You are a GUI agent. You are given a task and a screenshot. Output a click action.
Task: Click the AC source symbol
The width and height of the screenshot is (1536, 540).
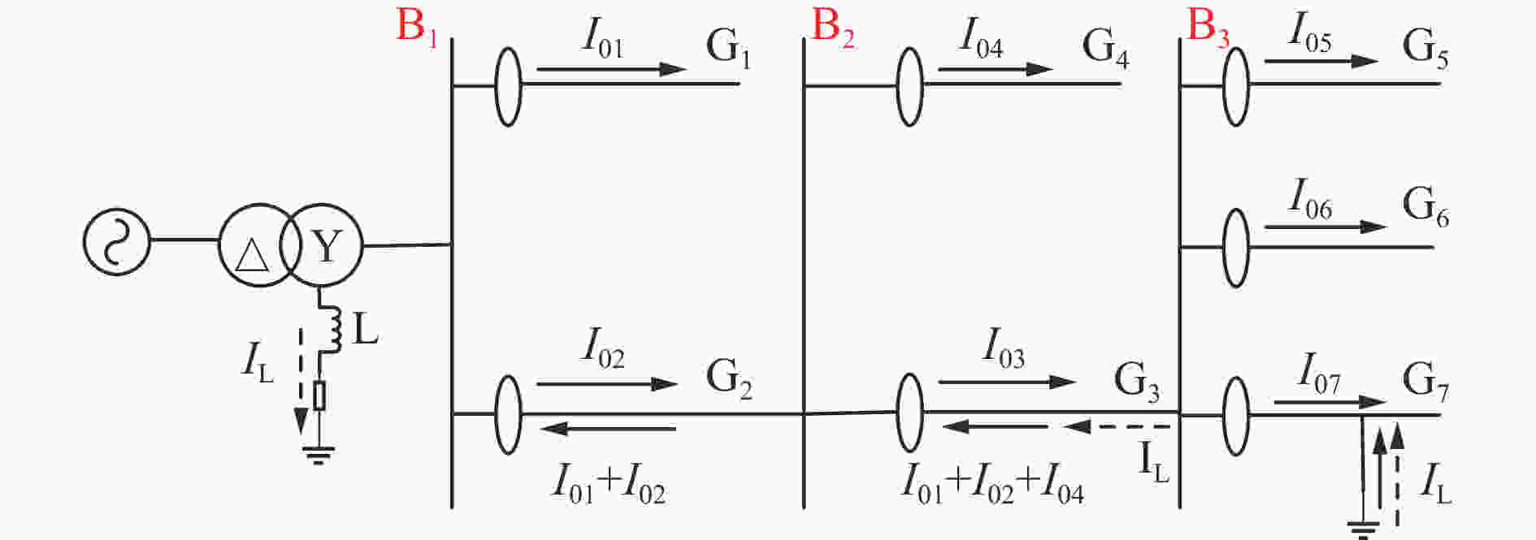(x=117, y=241)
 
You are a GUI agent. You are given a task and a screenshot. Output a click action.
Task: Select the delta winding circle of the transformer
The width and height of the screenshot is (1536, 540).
(x=256, y=245)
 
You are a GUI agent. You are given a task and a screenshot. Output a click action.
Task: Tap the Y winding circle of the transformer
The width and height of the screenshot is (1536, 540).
(x=322, y=245)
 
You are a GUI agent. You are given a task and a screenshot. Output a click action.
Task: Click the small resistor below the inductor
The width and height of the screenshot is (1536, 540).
(x=320, y=395)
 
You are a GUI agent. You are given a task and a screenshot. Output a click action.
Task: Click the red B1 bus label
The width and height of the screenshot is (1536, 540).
(x=417, y=27)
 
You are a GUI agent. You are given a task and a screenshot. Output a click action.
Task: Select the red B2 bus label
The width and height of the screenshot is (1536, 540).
(x=833, y=27)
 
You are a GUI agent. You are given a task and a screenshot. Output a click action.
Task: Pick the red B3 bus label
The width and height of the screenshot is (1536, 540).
(x=1208, y=27)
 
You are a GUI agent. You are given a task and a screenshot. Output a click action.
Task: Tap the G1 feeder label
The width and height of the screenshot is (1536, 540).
(x=728, y=47)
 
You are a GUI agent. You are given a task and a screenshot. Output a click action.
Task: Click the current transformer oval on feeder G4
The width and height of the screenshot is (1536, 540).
(x=909, y=87)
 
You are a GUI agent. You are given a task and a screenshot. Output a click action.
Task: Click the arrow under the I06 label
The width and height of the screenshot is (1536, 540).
(x=1326, y=227)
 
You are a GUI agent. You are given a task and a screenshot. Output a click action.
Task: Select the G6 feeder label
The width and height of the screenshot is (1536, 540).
(x=1425, y=206)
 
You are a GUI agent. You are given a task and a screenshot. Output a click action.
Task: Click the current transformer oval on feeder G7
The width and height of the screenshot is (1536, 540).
(x=1235, y=416)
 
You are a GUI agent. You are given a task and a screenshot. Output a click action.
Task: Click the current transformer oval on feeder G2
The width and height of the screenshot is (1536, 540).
(x=508, y=414)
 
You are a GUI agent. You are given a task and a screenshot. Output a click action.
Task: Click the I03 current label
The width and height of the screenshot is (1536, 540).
(x=1003, y=348)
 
